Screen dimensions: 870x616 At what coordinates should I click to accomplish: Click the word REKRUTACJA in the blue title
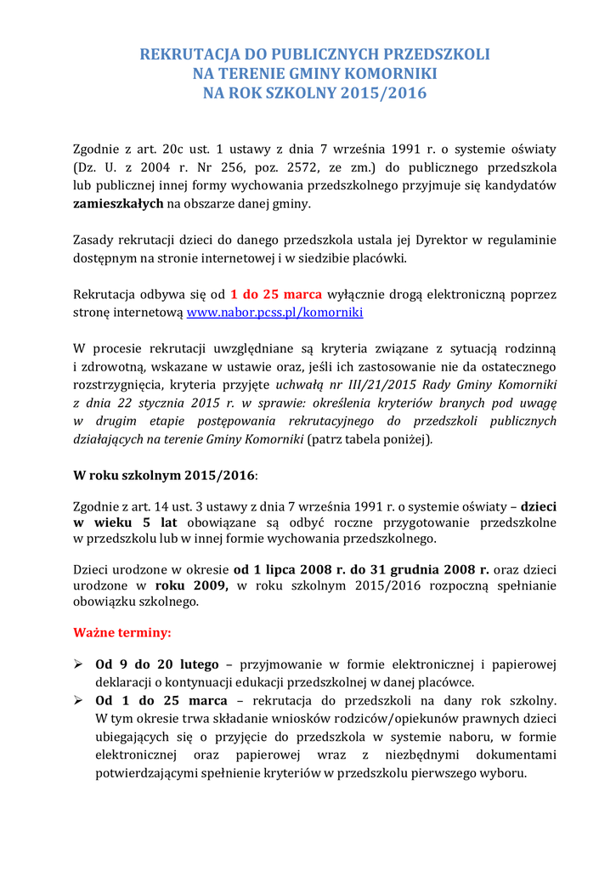[x=180, y=54]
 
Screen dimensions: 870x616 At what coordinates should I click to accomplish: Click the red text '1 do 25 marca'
[x=276, y=294]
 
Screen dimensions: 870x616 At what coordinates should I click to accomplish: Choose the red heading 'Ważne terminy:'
[x=122, y=633]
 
